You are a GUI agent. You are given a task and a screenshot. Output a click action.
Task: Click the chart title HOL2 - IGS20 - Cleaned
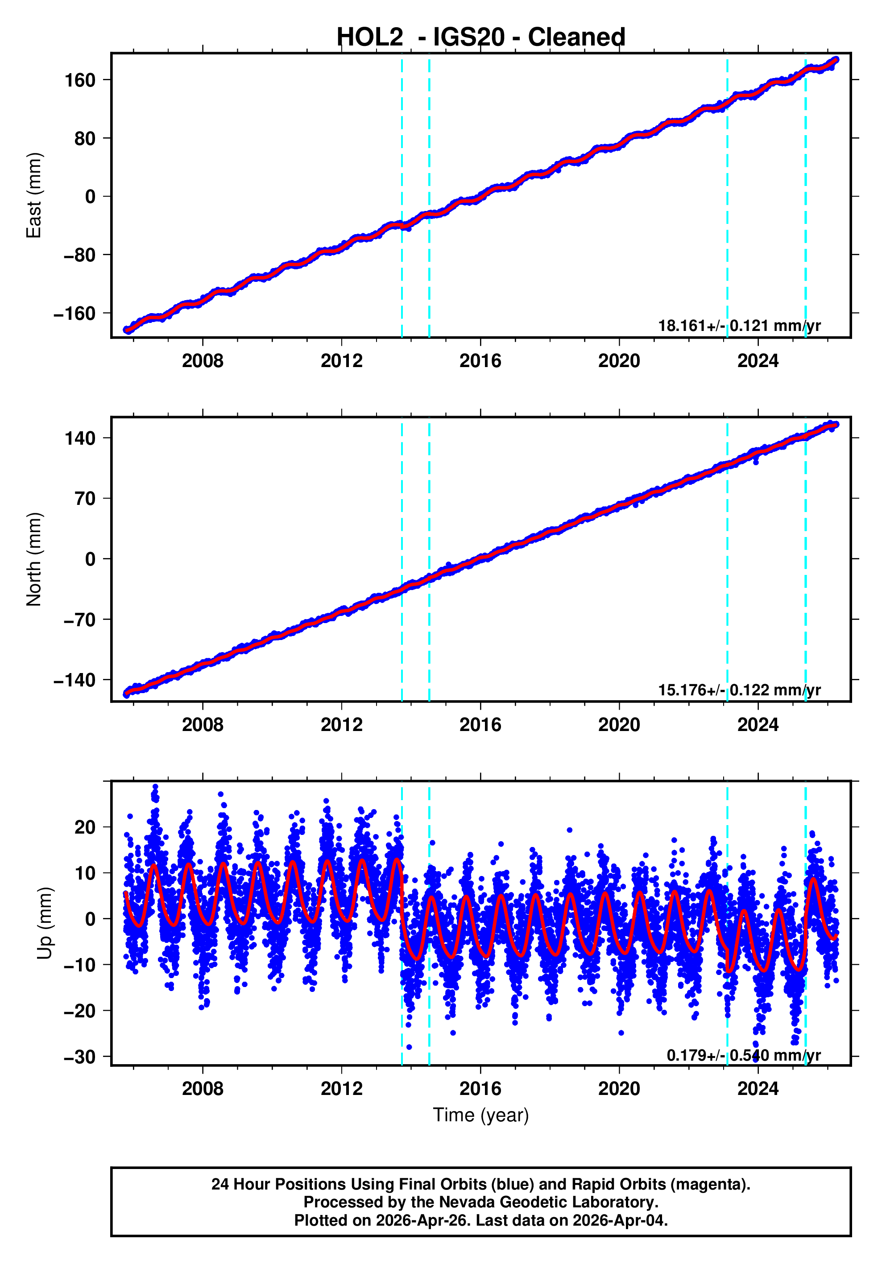481,37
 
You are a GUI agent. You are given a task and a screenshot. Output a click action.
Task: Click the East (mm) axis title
34,195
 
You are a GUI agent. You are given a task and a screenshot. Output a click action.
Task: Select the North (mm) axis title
34,559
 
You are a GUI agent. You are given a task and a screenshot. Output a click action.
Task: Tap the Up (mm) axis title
45,923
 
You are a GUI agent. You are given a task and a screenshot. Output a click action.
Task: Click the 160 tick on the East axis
80,80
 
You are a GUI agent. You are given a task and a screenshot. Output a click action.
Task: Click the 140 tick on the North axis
80,438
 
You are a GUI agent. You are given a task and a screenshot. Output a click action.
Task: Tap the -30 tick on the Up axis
80,1057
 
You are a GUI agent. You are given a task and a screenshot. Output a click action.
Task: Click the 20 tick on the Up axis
85,827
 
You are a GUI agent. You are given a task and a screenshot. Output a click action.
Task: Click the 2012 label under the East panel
341,361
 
